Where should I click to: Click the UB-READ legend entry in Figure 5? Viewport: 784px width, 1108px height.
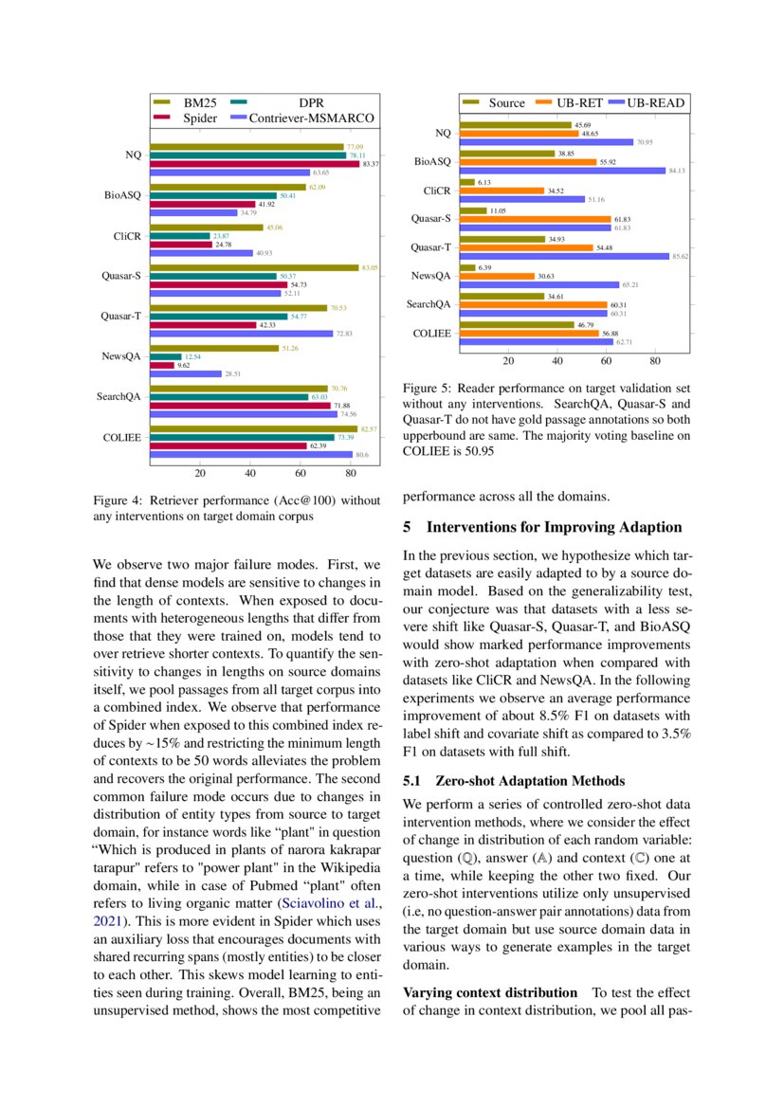click(653, 102)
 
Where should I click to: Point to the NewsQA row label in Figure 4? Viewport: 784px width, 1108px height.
click(121, 356)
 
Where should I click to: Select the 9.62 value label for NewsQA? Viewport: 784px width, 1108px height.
click(184, 365)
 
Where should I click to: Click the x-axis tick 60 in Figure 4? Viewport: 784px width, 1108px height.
click(301, 474)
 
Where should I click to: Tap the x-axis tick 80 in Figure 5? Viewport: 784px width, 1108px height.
click(655, 361)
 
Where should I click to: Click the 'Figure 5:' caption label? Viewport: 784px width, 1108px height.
click(428, 389)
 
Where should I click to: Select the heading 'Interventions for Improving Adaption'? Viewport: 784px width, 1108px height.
click(554, 527)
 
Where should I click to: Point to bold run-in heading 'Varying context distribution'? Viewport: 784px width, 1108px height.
click(490, 992)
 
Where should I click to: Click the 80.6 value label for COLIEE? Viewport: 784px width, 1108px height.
click(361, 455)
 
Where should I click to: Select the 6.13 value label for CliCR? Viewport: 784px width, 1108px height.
click(484, 182)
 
